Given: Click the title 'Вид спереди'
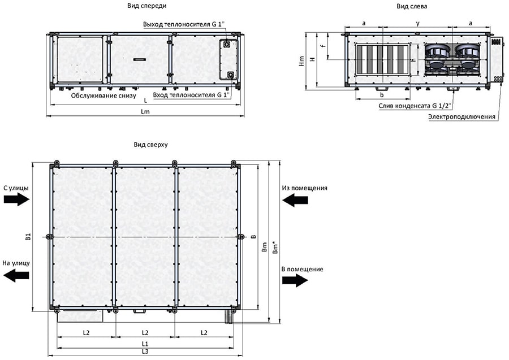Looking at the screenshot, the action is tap(146, 6).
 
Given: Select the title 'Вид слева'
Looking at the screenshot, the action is tap(412, 6).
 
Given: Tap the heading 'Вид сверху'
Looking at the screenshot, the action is tap(150, 145).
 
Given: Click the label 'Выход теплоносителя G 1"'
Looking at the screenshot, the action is tap(184, 24).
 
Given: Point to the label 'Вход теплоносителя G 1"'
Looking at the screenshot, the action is tap(192, 95).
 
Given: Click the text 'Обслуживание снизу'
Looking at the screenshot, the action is tap(103, 96).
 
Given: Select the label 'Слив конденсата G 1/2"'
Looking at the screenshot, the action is tap(415, 106).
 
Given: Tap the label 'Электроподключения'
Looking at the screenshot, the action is tap(461, 117).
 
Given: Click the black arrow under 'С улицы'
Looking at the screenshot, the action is tap(16, 199).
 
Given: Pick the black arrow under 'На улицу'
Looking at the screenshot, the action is tap(16, 275).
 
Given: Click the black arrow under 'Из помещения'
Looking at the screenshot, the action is tap(295, 200).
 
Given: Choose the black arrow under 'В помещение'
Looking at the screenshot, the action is tap(295, 280).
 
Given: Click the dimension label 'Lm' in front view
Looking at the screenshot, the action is tap(145, 111).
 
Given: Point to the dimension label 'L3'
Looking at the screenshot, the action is tap(145, 352).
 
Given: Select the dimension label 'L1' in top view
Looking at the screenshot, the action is tap(145, 344).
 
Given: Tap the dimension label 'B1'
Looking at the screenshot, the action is tap(29, 237).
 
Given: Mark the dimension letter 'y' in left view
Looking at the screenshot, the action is tap(418, 24).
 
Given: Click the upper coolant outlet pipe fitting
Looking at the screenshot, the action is tap(227, 44).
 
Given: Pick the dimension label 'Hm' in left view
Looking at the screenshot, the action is tap(302, 61).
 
